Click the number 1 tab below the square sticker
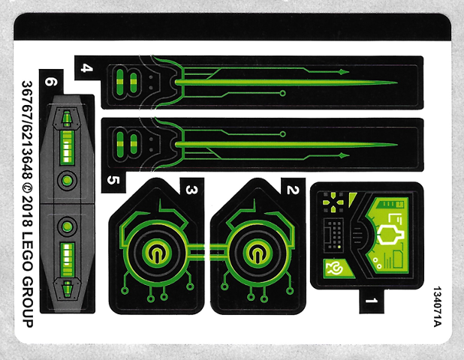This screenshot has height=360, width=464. [369, 302]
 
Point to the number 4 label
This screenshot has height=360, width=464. [87, 69]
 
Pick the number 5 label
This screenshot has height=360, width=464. [113, 180]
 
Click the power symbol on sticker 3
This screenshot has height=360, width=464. [158, 253]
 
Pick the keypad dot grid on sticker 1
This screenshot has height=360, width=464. [333, 232]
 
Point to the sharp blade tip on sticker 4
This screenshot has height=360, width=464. [394, 82]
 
